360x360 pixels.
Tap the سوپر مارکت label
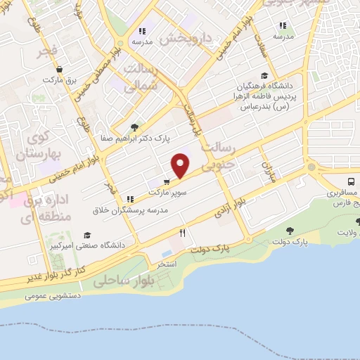(166, 191)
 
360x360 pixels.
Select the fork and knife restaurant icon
(182, 233)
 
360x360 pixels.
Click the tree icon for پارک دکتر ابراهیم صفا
(134, 127)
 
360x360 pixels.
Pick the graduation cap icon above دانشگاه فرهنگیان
(264, 76)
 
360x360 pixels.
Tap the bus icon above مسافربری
(351, 181)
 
